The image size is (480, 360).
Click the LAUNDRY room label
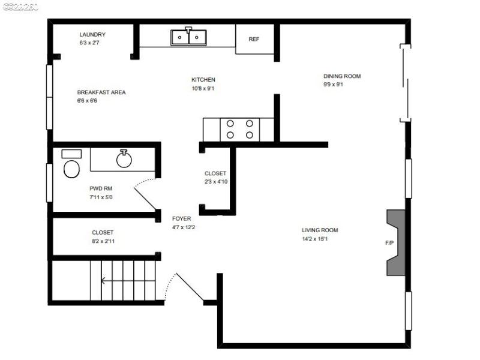(92, 35)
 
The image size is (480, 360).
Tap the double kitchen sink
(188, 37)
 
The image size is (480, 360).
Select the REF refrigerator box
(254, 40)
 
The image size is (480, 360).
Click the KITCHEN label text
(203, 80)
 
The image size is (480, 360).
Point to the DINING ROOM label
(342, 76)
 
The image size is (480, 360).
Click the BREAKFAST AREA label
(101, 92)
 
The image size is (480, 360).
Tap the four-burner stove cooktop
(239, 130)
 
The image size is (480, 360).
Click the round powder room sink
(124, 159)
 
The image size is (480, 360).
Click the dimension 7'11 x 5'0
(101, 197)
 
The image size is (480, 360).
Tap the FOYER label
(182, 219)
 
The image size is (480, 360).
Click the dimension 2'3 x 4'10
(216, 182)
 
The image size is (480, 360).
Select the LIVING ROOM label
(320, 230)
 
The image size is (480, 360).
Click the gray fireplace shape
(397, 242)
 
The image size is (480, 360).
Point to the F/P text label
(390, 243)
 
